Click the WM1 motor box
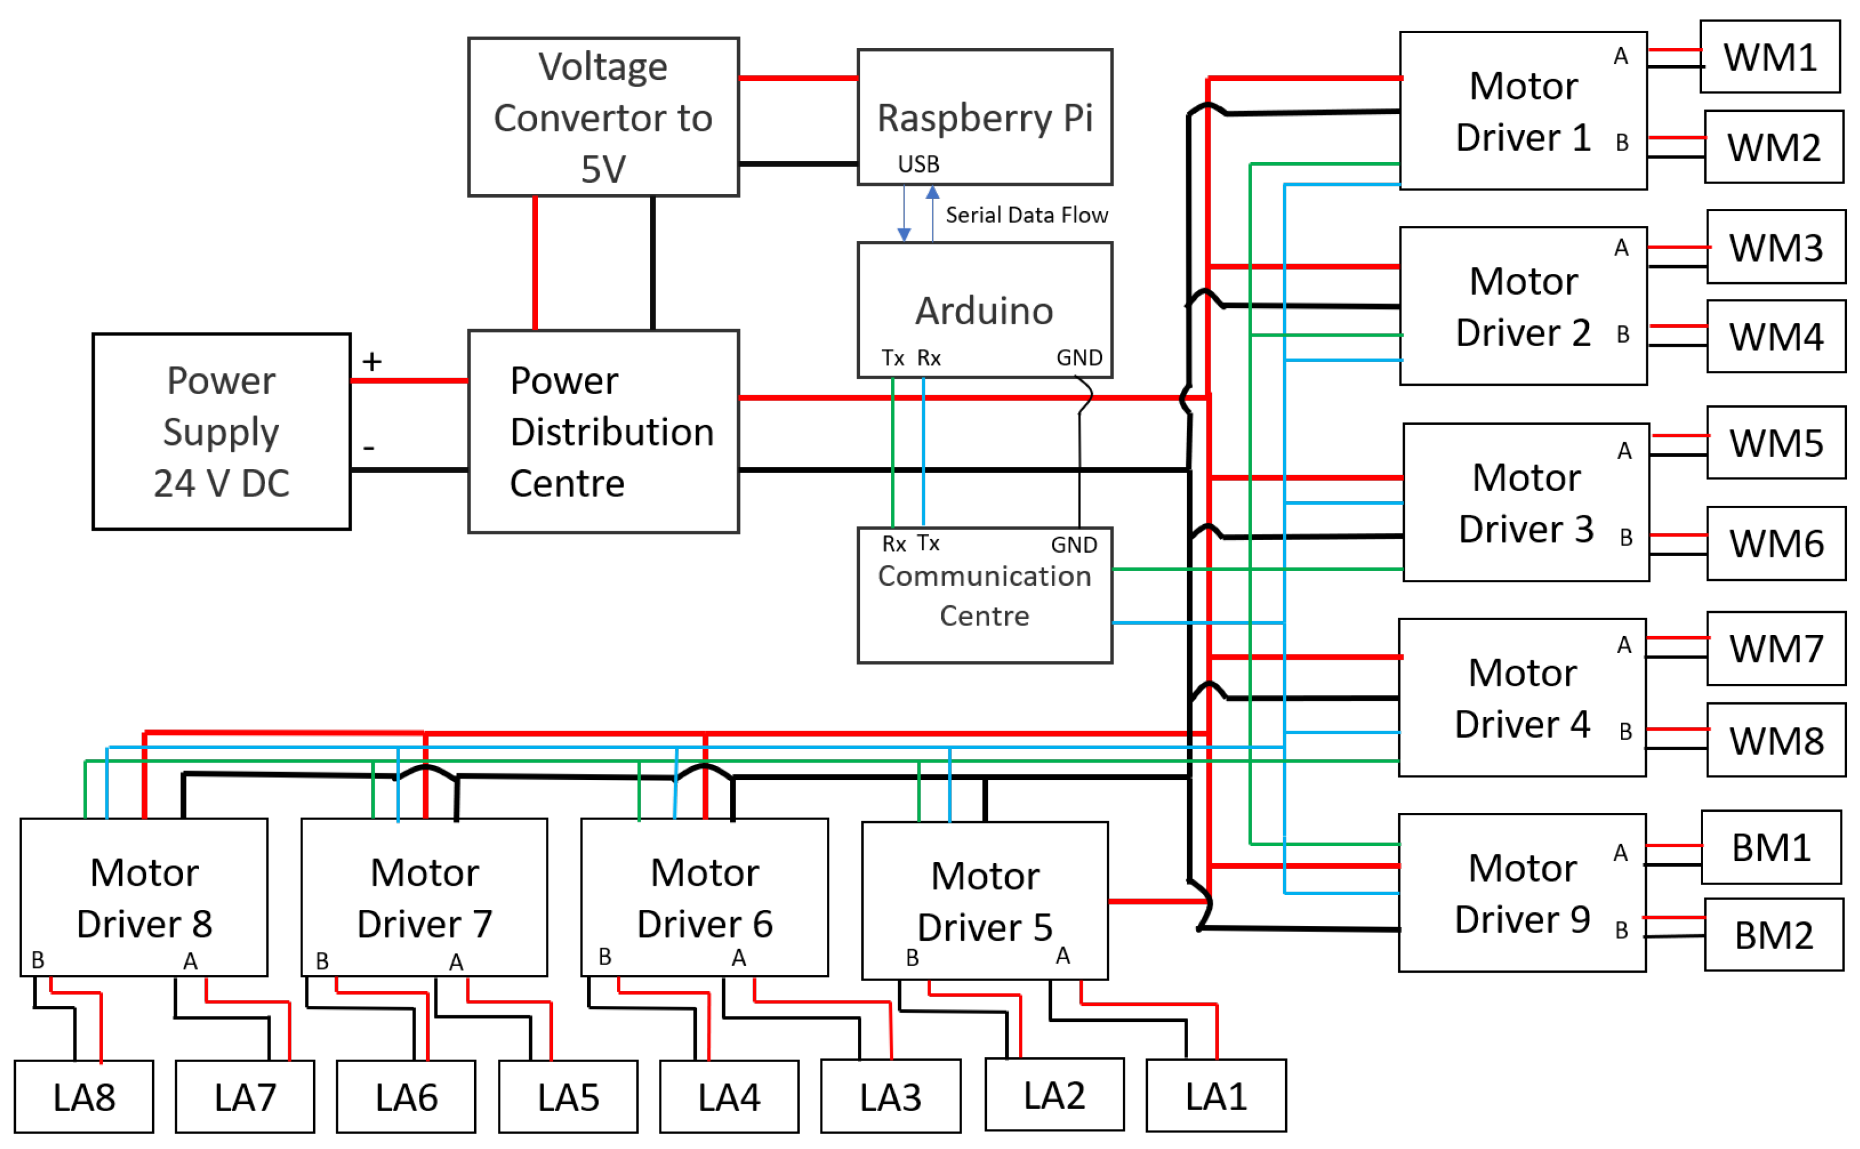tap(1769, 57)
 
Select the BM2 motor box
tap(1774, 935)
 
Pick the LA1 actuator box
tap(1215, 1096)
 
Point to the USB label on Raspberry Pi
tap(918, 164)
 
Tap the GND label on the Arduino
tap(1079, 357)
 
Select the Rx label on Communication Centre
tap(893, 544)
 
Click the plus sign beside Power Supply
tap(372, 361)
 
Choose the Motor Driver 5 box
tap(984, 901)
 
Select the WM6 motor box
tap(1775, 543)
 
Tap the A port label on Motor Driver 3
tap(1624, 451)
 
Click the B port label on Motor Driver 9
tap(1621, 930)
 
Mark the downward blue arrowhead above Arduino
tap(904, 234)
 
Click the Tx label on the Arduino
tap(892, 357)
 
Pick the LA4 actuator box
tap(728, 1096)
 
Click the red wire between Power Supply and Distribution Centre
tap(409, 380)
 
